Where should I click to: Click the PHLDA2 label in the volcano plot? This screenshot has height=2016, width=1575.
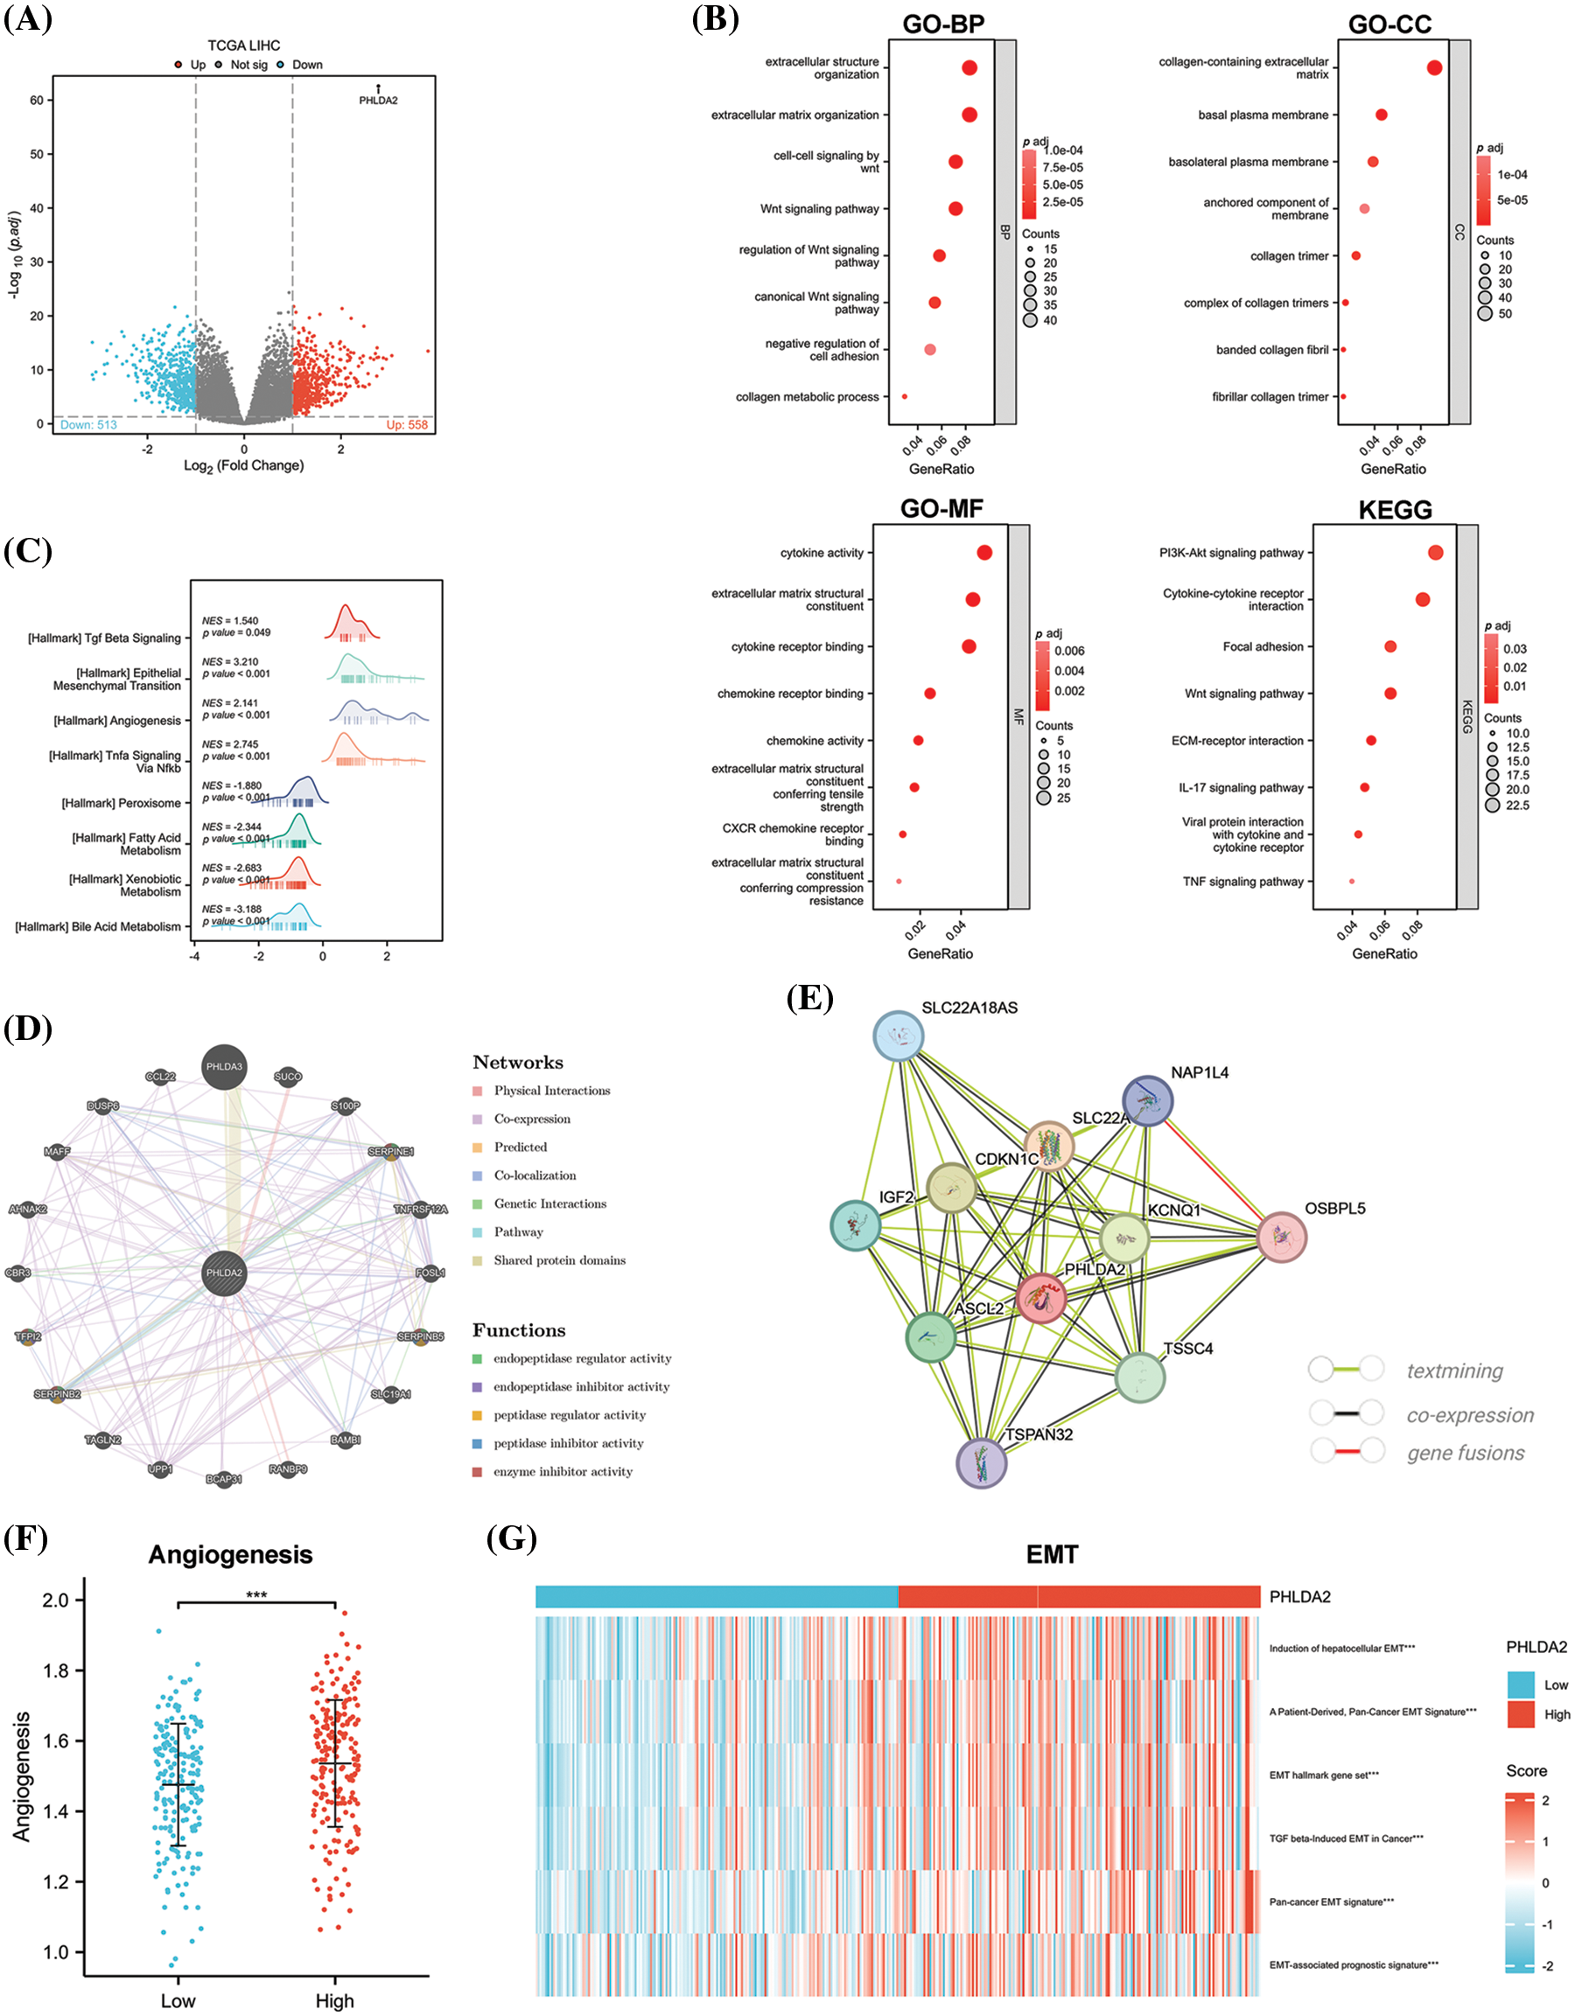pyautogui.click(x=378, y=100)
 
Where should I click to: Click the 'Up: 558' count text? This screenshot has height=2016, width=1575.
pyautogui.click(x=406, y=424)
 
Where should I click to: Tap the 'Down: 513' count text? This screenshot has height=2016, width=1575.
pyautogui.click(x=88, y=424)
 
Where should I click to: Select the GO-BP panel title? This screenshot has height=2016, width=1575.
pyautogui.click(x=942, y=24)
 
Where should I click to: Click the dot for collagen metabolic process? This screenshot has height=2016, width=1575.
pyautogui.click(x=905, y=397)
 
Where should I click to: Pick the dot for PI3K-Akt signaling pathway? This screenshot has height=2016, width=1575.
pyautogui.click(x=1435, y=553)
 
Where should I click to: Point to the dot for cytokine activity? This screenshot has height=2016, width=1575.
pyautogui.click(x=984, y=553)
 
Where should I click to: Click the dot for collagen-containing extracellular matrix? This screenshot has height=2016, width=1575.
pyautogui.click(x=1434, y=67)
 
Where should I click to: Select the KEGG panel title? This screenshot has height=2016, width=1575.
pyautogui.click(x=1394, y=510)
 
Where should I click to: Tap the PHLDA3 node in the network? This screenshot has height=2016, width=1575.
pyautogui.click(x=224, y=1067)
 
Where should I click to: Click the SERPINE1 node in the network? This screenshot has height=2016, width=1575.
pyautogui.click(x=391, y=1151)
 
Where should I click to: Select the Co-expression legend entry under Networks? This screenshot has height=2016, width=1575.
pyautogui.click(x=532, y=1119)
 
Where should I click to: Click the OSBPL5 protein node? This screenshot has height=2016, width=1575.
pyautogui.click(x=1281, y=1237)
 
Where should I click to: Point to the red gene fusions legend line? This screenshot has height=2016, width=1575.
pyautogui.click(x=1347, y=1452)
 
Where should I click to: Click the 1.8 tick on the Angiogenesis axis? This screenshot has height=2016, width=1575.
pyautogui.click(x=56, y=1670)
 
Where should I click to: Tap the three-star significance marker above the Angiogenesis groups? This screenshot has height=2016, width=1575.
pyautogui.click(x=255, y=1595)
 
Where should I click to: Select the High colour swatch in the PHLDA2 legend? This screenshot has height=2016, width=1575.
pyautogui.click(x=1521, y=1714)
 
